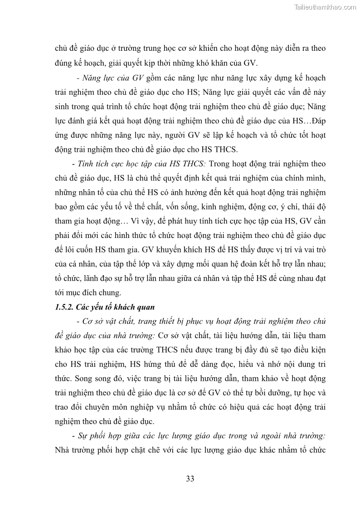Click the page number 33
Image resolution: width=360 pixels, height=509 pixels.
190,479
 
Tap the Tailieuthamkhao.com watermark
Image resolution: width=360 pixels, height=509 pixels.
325,7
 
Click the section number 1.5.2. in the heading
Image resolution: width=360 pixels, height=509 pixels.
64,307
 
